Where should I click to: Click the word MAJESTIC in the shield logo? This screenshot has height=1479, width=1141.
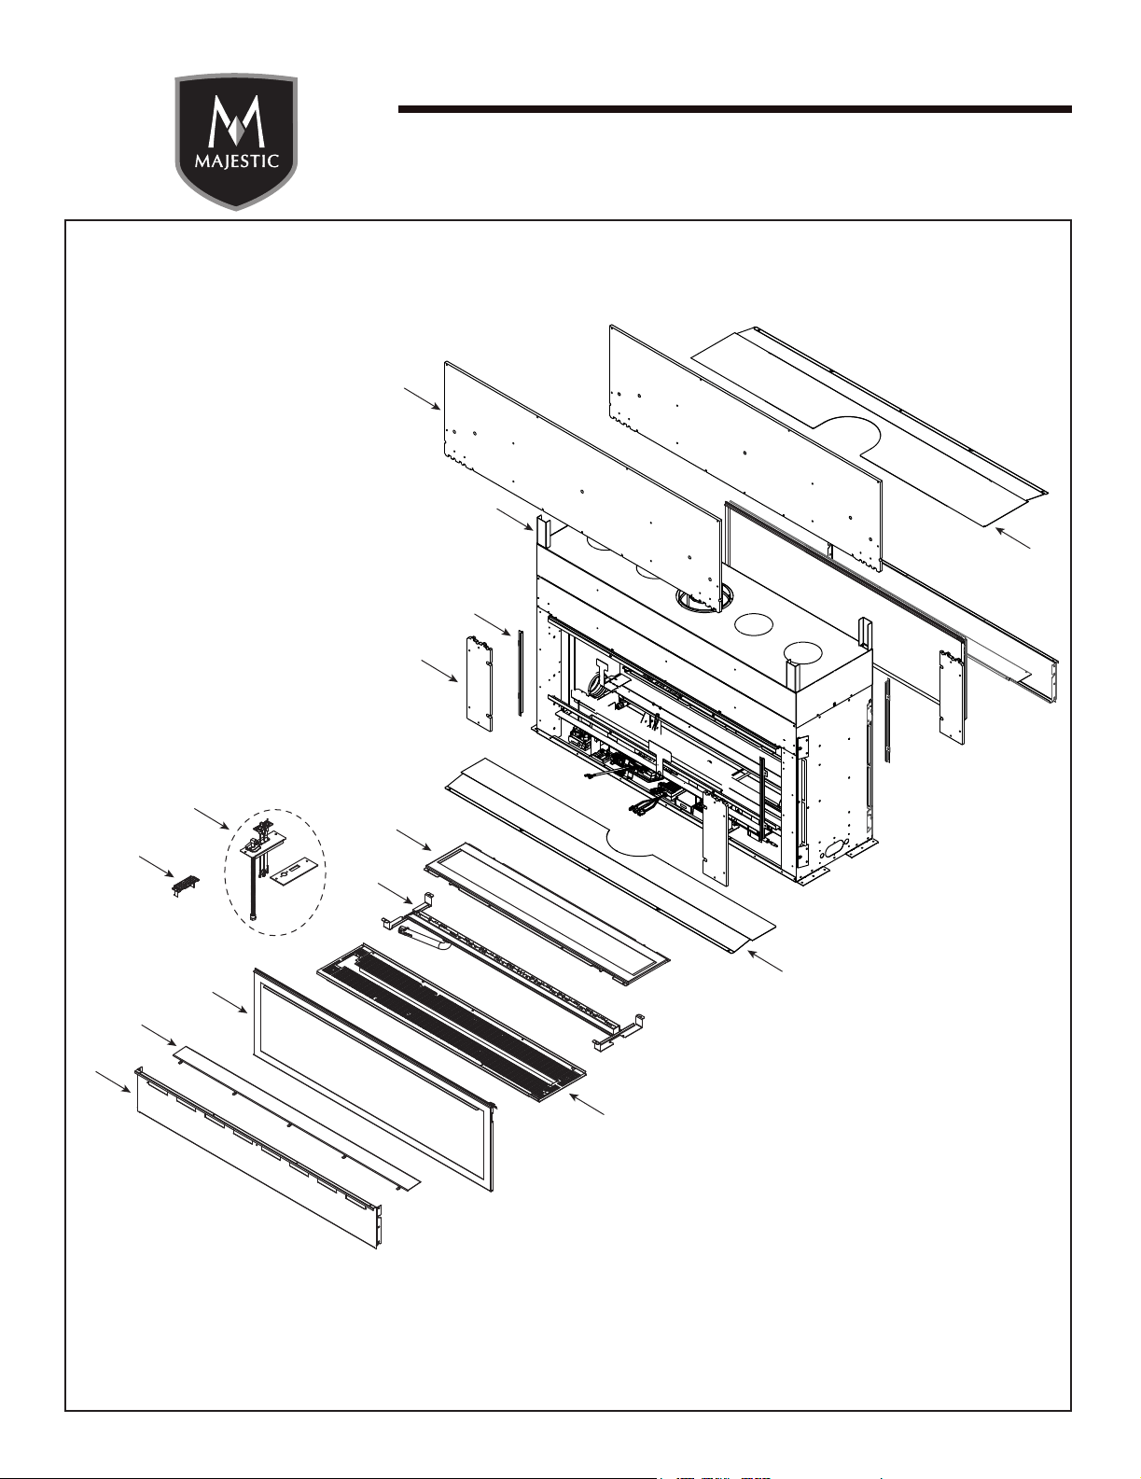click(237, 162)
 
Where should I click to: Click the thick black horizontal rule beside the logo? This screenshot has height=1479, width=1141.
click(735, 109)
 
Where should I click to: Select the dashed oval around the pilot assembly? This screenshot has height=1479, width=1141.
click(275, 872)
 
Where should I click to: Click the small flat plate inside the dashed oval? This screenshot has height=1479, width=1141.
click(293, 871)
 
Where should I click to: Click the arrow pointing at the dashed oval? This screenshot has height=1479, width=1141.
click(212, 818)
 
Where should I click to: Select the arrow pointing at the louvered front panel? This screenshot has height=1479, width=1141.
click(114, 1082)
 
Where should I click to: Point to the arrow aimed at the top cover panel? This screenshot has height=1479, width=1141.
click(1013, 537)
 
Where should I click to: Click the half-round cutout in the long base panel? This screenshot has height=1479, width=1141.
click(630, 842)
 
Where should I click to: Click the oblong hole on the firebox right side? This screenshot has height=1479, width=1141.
click(834, 851)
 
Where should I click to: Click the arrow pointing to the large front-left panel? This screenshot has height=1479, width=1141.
click(423, 398)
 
